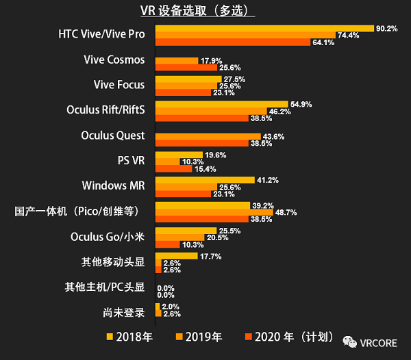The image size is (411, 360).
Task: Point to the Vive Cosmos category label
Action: [x=114, y=60]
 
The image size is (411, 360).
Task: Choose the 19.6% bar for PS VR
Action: [x=179, y=155]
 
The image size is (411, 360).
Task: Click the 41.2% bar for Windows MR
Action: [x=206, y=180]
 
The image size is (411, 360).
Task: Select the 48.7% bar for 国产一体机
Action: [x=214, y=211]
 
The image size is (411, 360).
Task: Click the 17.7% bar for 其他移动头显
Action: [x=177, y=256]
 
